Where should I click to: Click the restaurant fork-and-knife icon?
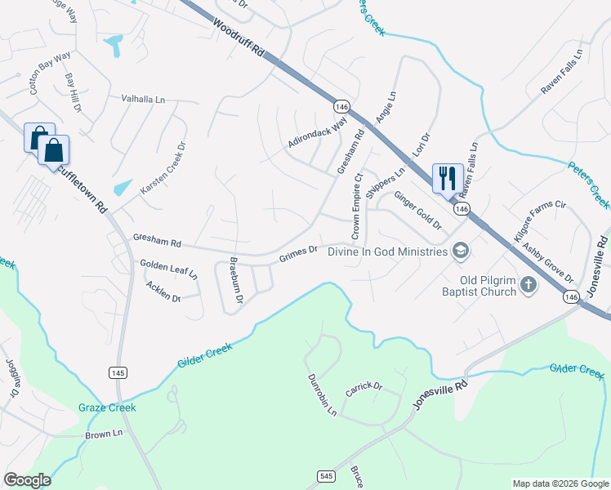click(x=447, y=177)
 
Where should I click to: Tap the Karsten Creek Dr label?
click(x=163, y=168)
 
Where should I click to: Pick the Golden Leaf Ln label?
click(x=168, y=269)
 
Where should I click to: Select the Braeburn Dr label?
click(x=235, y=283)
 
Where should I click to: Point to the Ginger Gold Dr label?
click(x=417, y=211)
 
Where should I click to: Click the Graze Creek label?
click(x=107, y=408)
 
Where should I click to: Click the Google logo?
click(x=27, y=480)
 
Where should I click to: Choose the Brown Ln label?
click(x=103, y=434)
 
